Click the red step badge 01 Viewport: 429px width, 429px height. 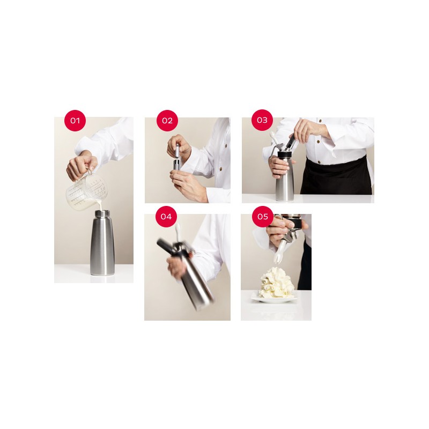75,121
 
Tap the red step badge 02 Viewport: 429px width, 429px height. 167,121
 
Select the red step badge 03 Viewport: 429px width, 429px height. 262,120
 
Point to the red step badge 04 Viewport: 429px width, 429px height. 166,217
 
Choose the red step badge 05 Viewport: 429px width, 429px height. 262,217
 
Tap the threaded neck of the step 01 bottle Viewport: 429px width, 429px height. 102,214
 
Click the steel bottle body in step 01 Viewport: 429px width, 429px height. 102,247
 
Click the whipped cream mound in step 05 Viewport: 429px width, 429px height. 276,283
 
